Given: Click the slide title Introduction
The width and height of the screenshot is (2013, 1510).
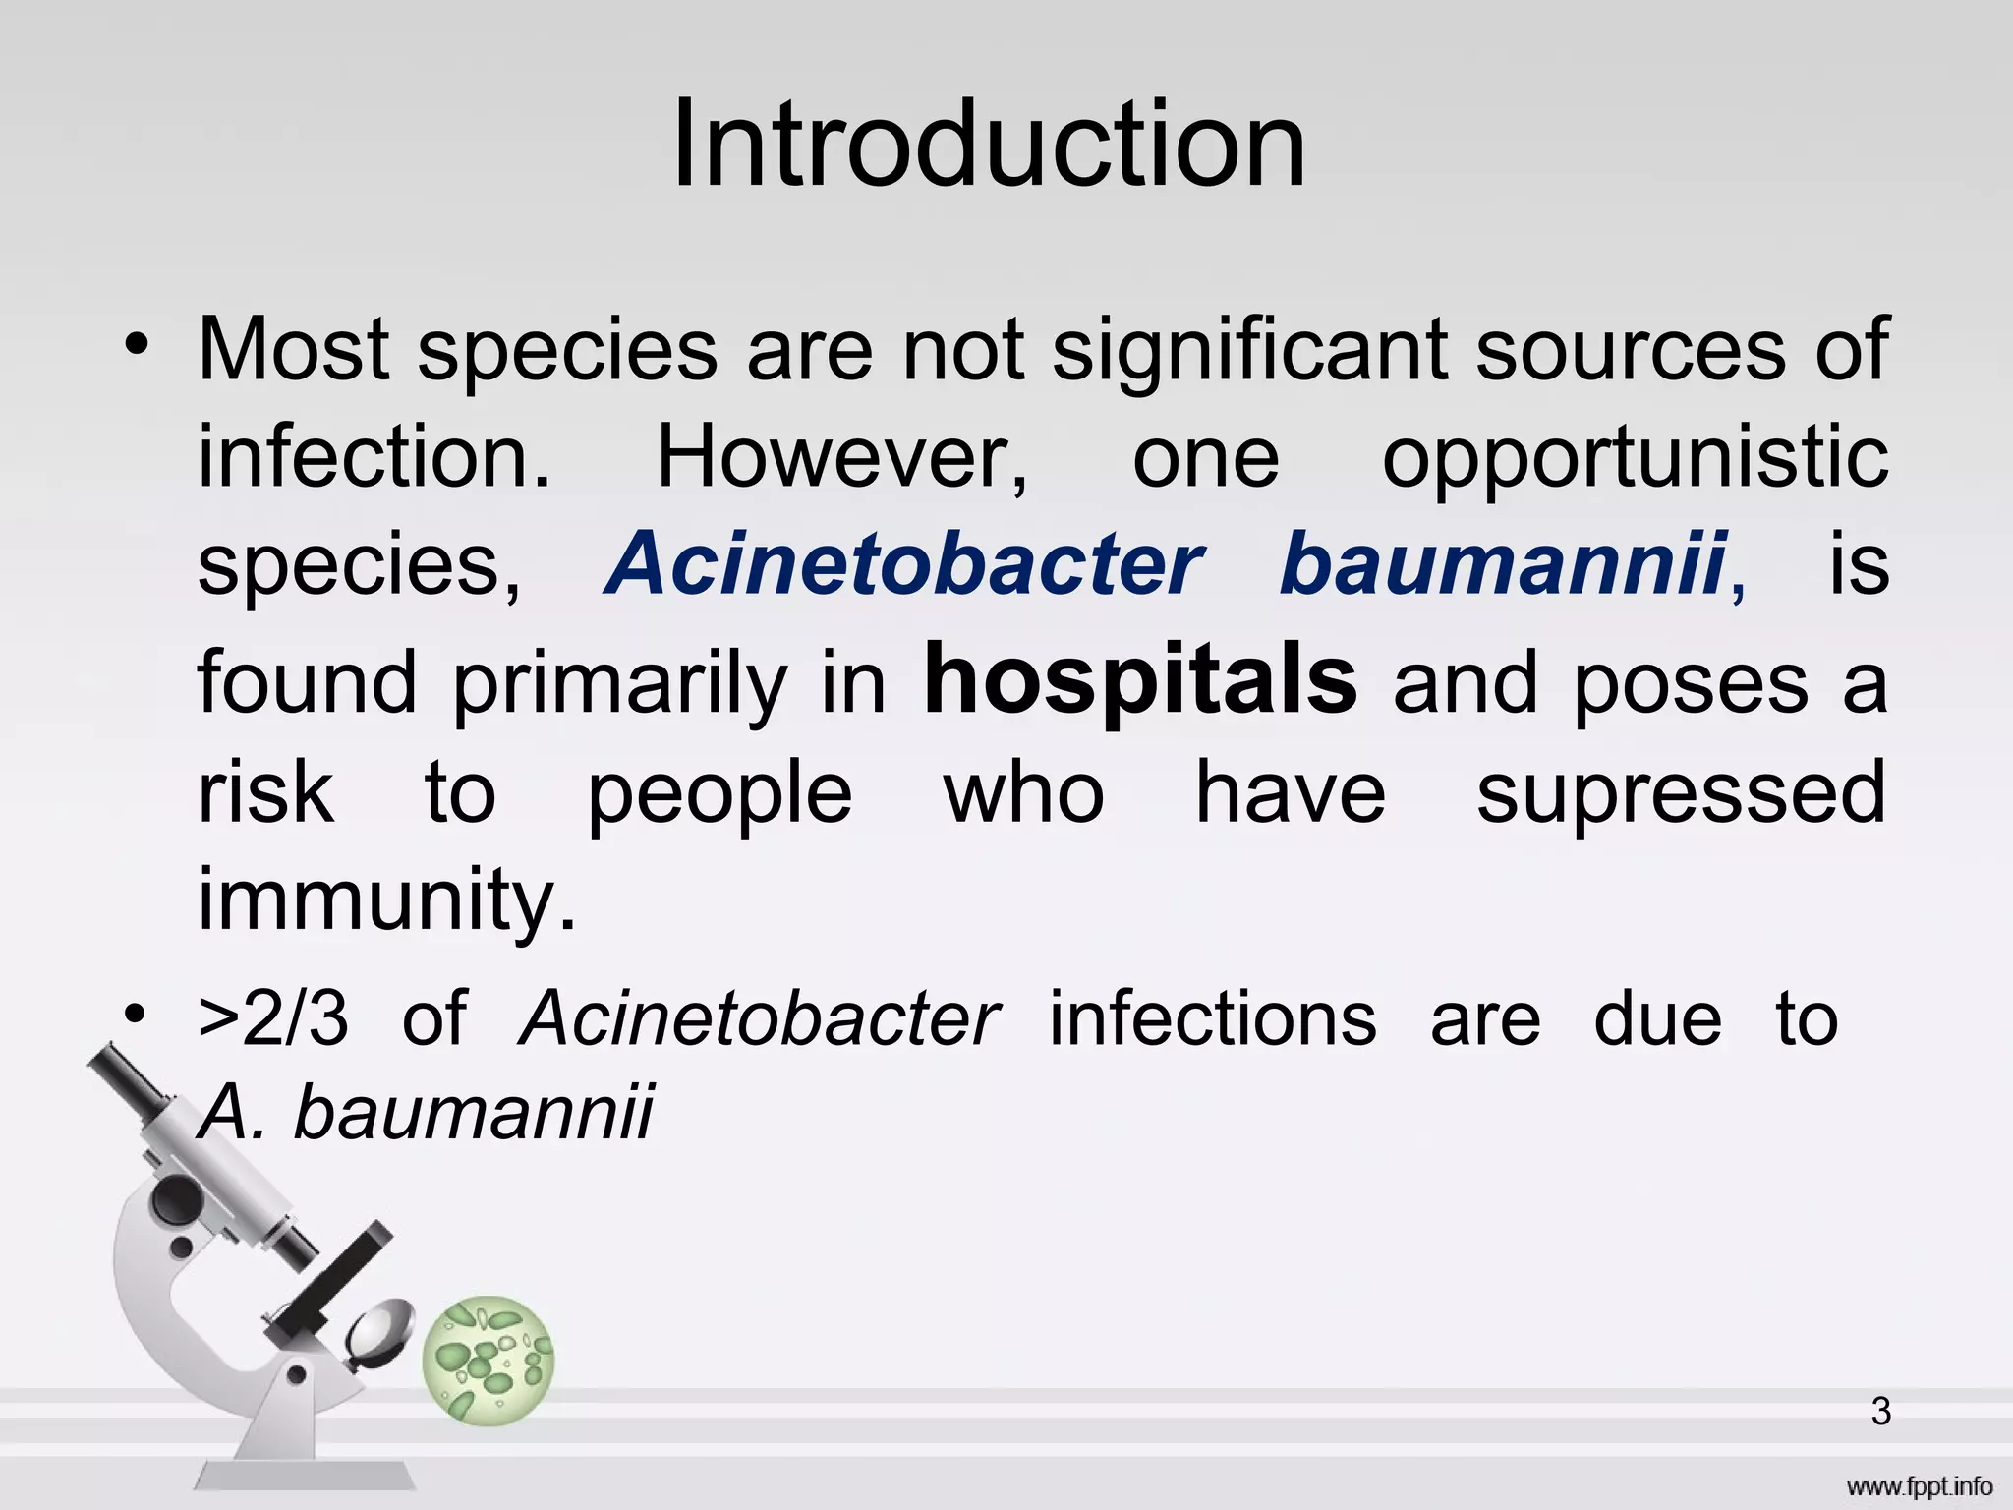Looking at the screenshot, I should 989,145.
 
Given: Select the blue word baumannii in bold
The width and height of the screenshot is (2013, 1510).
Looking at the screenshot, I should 1503,564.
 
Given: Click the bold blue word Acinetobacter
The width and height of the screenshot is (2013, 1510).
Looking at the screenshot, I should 904,564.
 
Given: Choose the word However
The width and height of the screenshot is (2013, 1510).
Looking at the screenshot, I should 841,458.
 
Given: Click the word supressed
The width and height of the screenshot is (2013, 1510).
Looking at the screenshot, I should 1681,794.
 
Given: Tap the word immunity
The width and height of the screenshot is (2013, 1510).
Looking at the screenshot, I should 386,900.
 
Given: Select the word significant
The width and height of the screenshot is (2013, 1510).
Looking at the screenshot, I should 1248,350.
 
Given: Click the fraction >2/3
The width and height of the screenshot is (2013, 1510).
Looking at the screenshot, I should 273,1018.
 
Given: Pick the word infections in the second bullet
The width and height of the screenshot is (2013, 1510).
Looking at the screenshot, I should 1213,1018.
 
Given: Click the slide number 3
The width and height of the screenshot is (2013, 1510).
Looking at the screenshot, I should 1880,1412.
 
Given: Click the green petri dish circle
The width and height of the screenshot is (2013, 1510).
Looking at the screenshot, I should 489,1360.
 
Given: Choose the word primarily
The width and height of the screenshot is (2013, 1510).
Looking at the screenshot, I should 619,684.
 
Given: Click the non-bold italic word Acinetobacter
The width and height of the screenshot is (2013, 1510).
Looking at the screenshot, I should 759,1018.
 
